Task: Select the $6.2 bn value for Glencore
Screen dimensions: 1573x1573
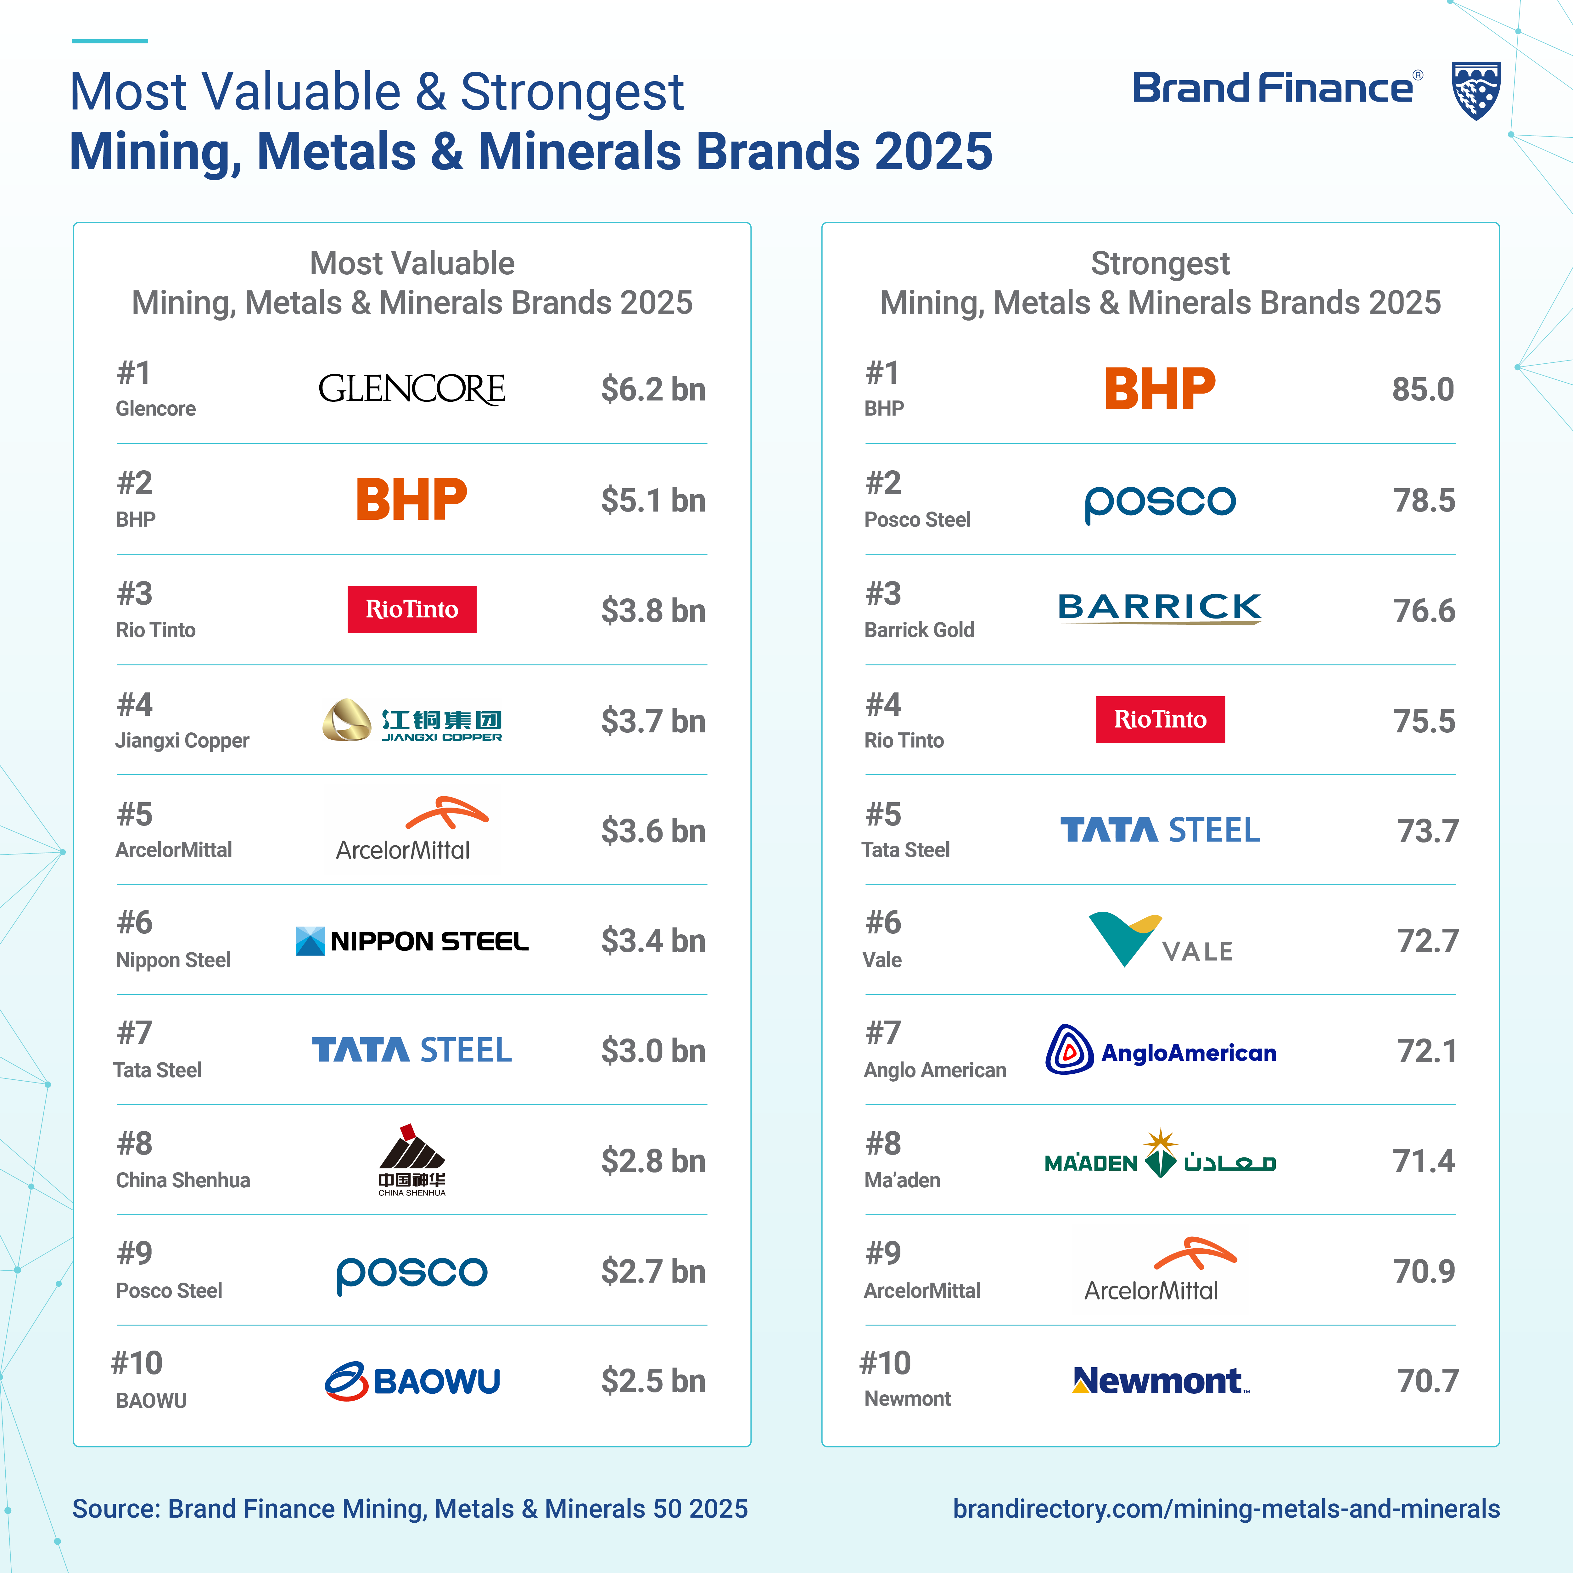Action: click(653, 389)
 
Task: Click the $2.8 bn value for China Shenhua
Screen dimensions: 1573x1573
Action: click(653, 1161)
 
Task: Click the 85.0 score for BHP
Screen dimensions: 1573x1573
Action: click(1422, 389)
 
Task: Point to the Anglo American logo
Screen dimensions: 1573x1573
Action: click(1159, 1050)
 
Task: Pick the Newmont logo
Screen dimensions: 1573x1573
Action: click(1159, 1381)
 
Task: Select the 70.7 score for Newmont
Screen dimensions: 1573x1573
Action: click(1427, 1381)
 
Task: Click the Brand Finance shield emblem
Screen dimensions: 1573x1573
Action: click(1476, 90)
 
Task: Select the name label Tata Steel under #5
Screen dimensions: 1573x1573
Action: click(905, 850)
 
